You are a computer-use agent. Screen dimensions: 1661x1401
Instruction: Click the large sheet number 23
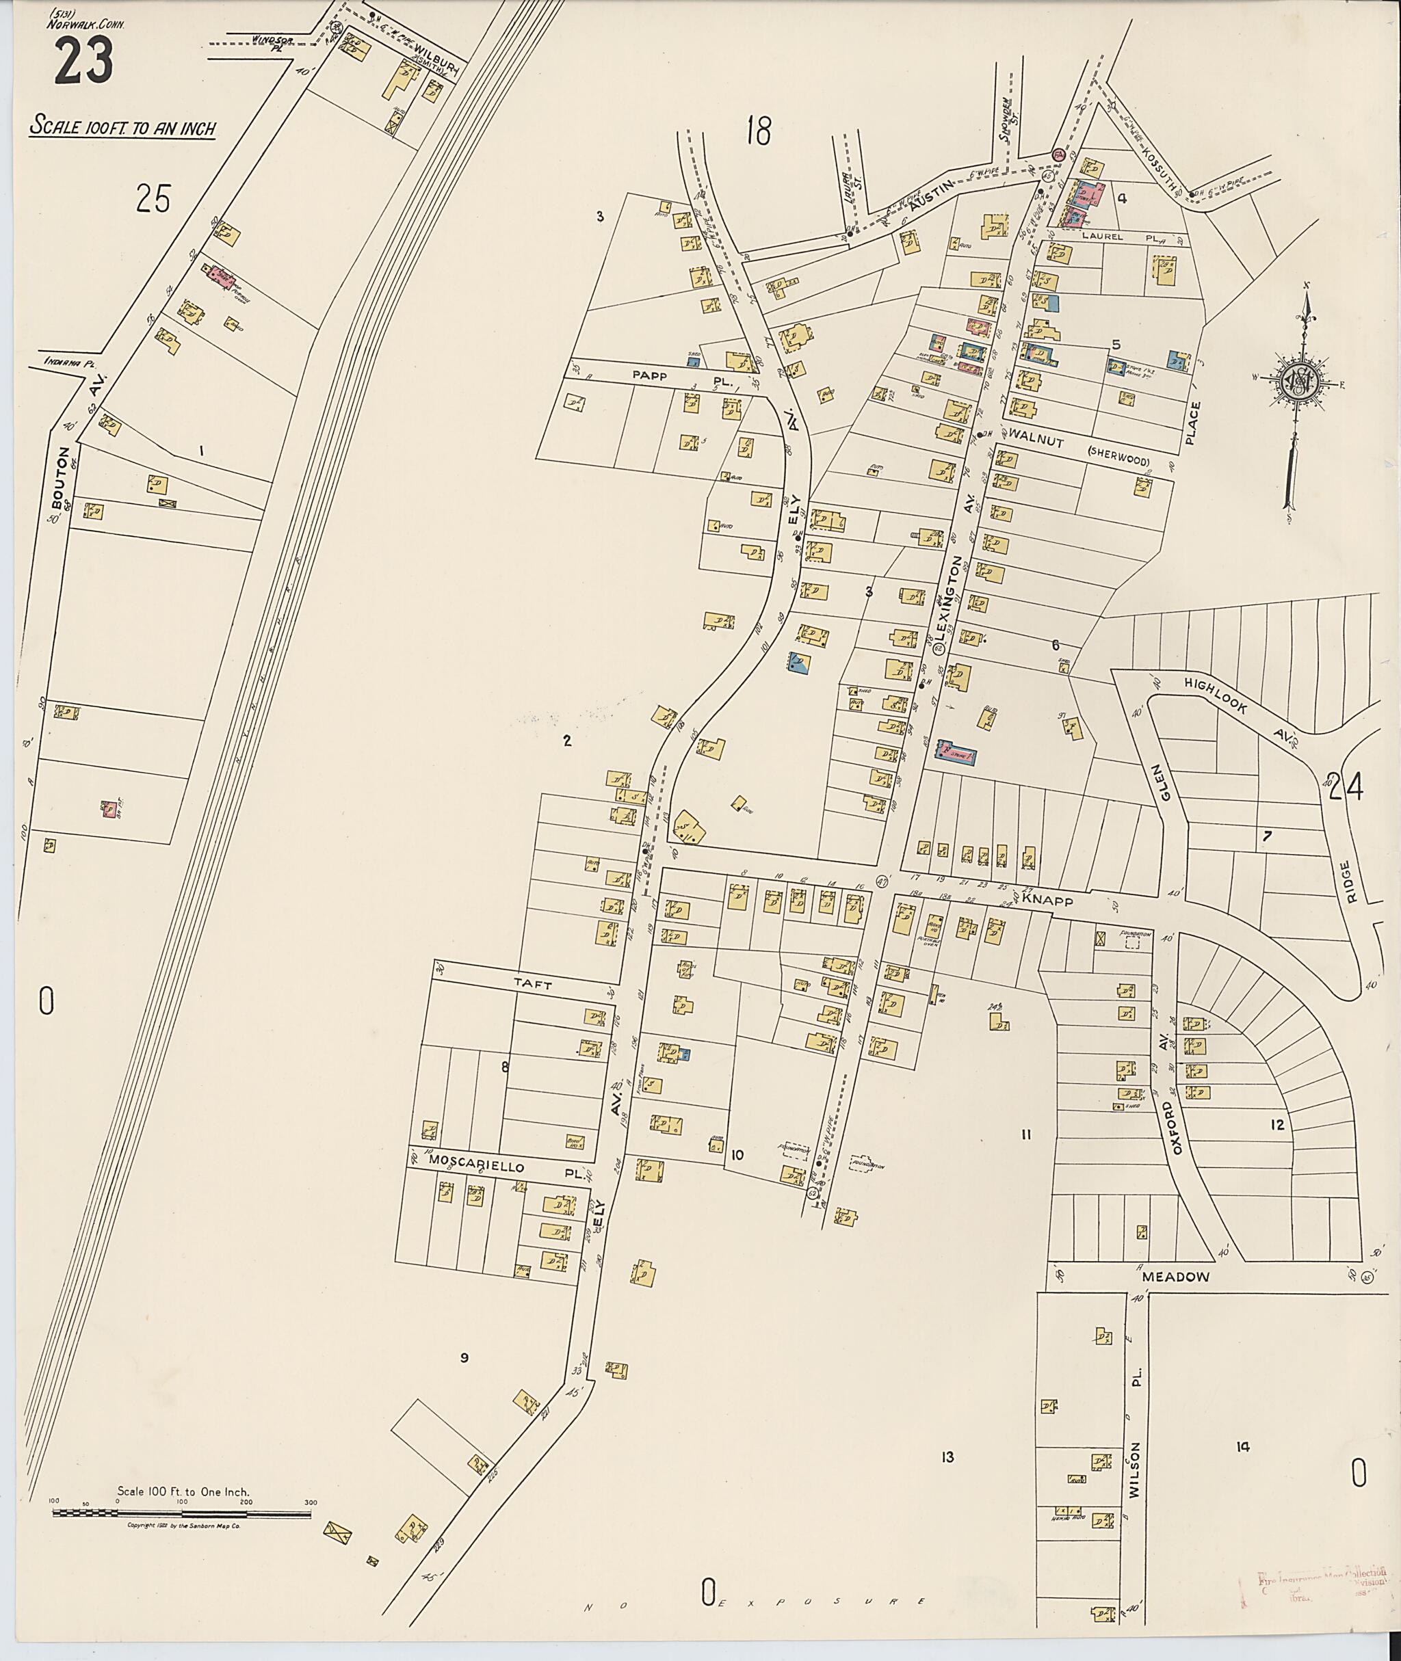(x=83, y=62)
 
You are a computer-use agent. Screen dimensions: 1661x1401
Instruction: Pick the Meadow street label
(x=1175, y=1277)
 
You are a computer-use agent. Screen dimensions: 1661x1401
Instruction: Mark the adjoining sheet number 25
(x=153, y=198)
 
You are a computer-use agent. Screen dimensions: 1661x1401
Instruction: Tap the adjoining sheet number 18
(x=758, y=131)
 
